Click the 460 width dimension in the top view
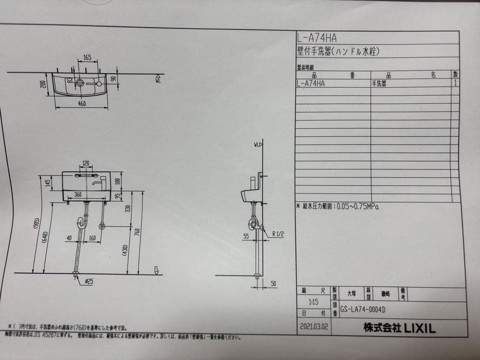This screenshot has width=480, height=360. point(82,104)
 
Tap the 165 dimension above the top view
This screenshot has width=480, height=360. point(87,58)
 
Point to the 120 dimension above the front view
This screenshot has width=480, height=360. point(86,164)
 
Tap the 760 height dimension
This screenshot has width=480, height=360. point(137,232)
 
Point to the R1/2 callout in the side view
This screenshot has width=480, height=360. point(278,234)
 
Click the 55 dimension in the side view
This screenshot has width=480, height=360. point(246,236)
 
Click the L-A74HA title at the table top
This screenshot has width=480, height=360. point(317,38)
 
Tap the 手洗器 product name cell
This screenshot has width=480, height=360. point(379,83)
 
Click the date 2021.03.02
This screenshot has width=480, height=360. point(314,326)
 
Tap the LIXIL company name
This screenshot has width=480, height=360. point(400,328)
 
